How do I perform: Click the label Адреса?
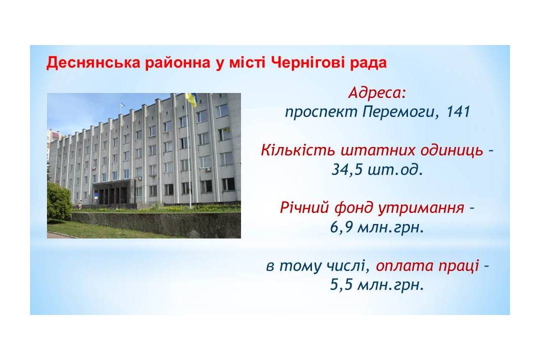click(x=377, y=93)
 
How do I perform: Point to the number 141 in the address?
click(x=458, y=111)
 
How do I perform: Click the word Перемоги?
click(x=401, y=112)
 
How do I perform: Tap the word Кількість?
click(x=298, y=150)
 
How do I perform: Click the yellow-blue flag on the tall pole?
click(x=191, y=100)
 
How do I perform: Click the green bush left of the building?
click(x=59, y=202)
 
